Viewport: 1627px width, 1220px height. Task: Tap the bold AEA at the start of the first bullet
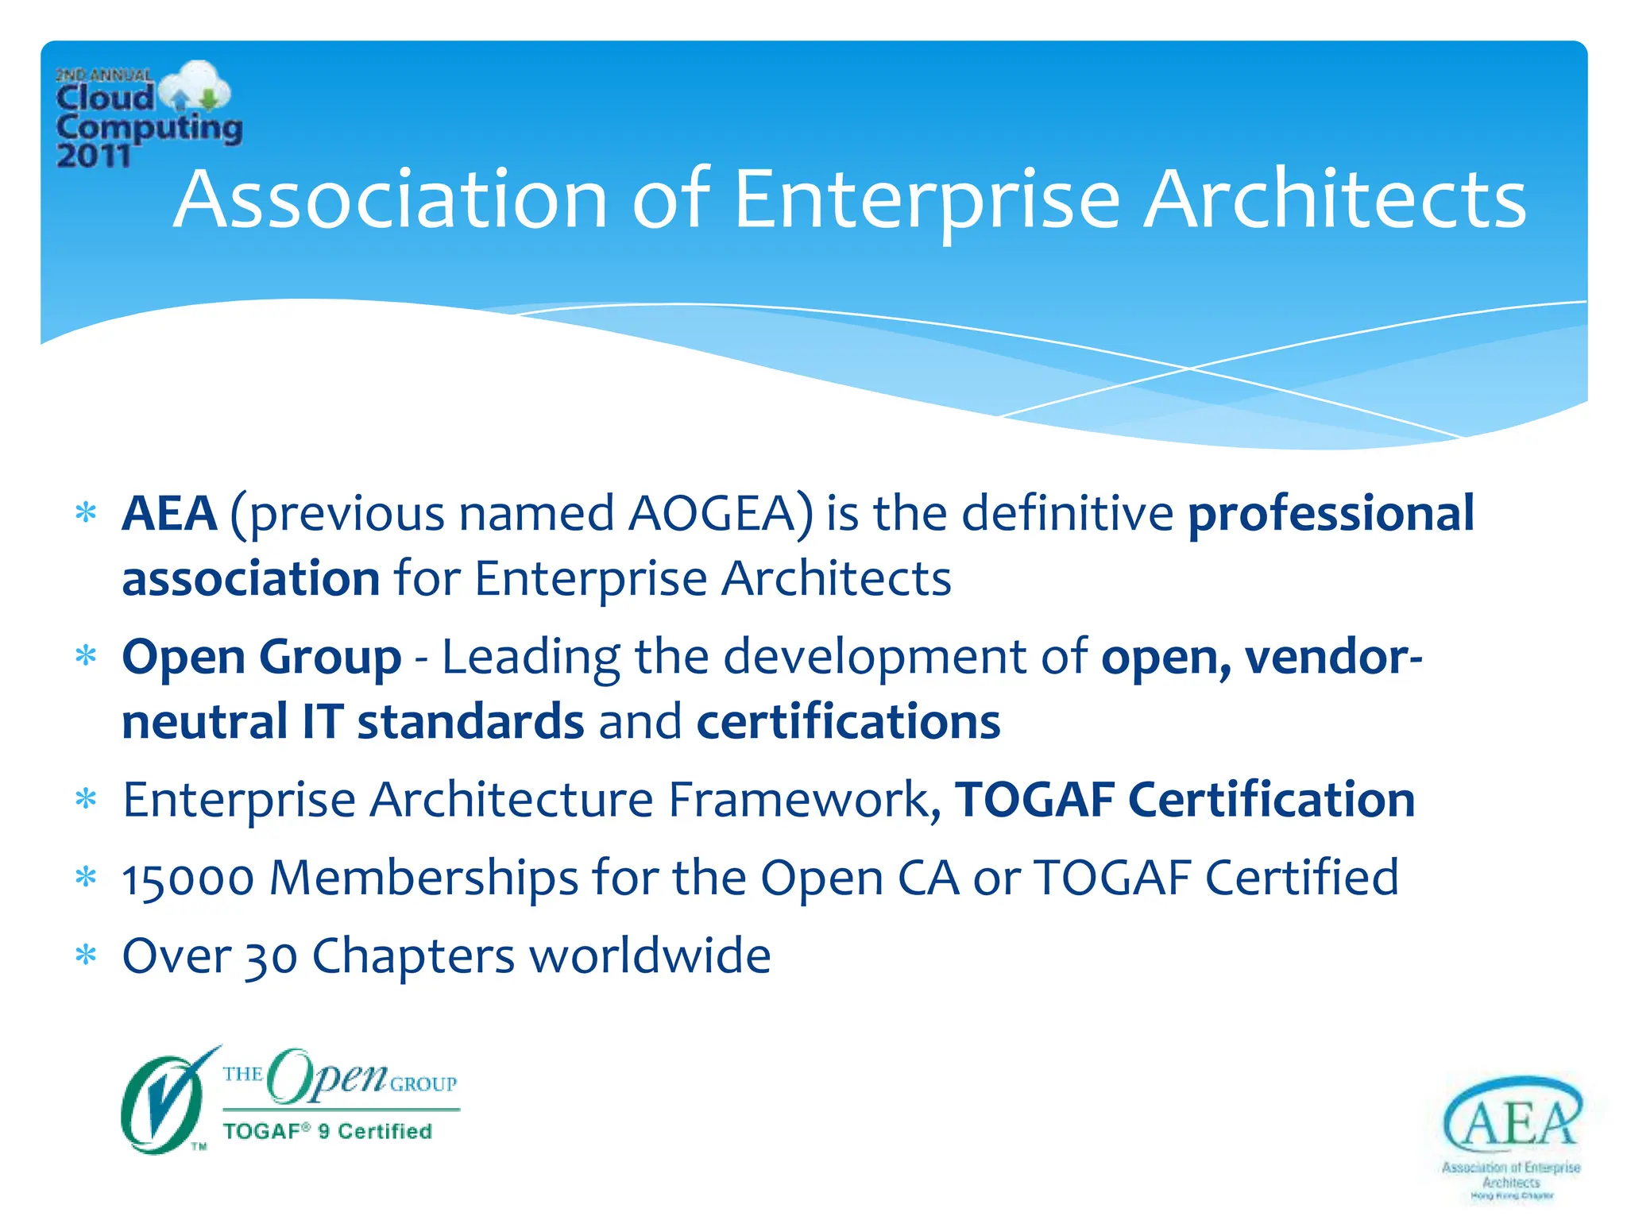169,513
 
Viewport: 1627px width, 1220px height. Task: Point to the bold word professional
1331,513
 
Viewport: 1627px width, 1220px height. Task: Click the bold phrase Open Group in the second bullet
261,658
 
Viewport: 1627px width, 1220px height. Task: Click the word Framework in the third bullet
799,799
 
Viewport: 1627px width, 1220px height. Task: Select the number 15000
188,878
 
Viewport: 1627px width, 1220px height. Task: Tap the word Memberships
423,878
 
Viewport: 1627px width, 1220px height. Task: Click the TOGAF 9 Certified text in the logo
327,1131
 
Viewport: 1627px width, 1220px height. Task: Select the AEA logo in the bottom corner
1511,1136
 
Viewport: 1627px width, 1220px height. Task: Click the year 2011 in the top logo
93,155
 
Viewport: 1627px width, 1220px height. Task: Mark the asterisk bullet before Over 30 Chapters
86,956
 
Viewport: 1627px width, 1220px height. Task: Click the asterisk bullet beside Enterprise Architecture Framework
86,799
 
